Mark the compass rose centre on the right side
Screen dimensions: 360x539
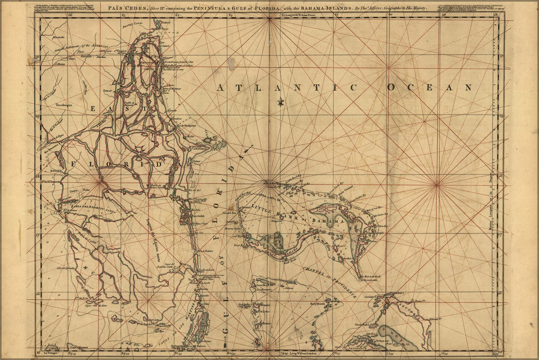click(x=437, y=184)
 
